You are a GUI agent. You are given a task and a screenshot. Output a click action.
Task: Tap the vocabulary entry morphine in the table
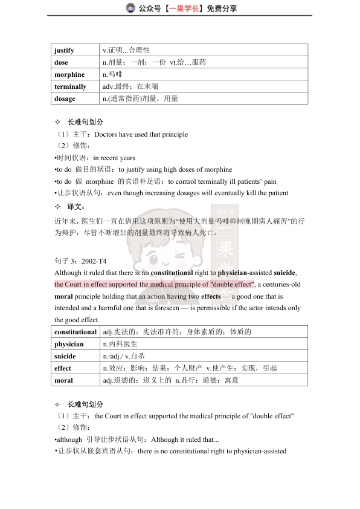[69, 74]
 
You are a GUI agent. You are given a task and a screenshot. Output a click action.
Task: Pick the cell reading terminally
[70, 86]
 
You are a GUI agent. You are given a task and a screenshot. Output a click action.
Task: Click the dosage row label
[65, 99]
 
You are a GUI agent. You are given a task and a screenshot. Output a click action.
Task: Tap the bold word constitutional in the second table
[76, 332]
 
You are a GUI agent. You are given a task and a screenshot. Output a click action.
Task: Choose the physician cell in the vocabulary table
[69, 344]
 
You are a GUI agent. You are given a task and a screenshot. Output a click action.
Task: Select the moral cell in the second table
[63, 380]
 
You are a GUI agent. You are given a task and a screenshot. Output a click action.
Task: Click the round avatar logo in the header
[130, 8]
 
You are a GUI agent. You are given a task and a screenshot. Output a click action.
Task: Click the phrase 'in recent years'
[114, 158]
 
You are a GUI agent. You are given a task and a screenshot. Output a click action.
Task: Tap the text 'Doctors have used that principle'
[141, 134]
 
